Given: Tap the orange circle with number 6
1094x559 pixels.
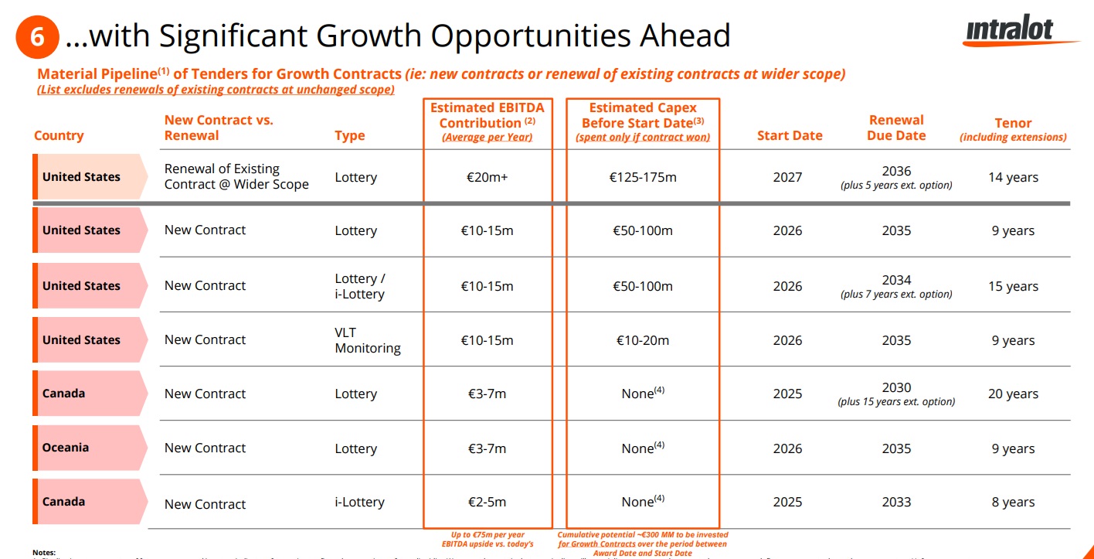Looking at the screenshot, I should pos(36,36).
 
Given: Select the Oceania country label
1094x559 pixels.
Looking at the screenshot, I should pos(66,448).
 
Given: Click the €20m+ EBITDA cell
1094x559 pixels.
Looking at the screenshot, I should pos(488,177).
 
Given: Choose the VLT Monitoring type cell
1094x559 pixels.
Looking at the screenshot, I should pos(367,340).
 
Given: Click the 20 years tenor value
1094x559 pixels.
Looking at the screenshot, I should pos(1013,394).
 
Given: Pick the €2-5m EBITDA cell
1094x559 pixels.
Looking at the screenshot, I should pos(488,503).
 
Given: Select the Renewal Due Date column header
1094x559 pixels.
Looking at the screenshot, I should pos(896,128).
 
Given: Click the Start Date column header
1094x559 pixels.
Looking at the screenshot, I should pos(790,135).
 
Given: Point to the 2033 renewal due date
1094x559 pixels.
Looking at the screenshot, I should pos(896,503).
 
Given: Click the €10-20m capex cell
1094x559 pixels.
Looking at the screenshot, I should pos(642,340).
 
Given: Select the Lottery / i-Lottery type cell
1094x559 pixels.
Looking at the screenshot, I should pos(359,286).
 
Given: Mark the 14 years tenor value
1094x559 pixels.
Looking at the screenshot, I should pos(1013,177).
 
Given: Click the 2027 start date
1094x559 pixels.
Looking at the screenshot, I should pos(787,177).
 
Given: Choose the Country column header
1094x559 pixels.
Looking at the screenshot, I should pos(59,135).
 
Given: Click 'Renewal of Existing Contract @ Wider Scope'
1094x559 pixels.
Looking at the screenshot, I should pos(236,176).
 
